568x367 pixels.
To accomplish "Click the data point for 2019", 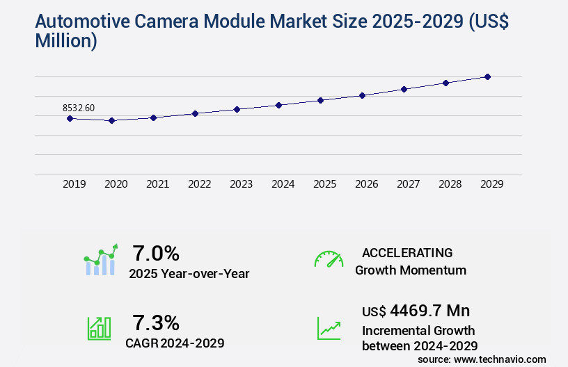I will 70,118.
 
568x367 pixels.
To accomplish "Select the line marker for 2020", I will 111,120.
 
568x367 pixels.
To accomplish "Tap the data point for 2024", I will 278,105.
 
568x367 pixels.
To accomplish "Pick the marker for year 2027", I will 404,89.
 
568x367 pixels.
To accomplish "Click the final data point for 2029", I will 487,76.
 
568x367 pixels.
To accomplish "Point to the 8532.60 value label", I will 79,108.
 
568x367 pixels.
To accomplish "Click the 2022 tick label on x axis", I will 199,184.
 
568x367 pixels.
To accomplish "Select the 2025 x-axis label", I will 324,184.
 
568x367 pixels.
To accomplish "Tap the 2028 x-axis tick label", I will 450,184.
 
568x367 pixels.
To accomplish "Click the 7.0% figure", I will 156,253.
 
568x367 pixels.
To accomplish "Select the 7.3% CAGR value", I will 156,323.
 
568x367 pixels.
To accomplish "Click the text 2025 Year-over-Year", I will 189,274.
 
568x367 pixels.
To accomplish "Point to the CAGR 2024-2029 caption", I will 175,343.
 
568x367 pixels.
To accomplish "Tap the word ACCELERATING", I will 407,252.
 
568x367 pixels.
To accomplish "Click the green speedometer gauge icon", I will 329,259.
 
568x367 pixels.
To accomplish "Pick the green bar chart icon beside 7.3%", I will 99,328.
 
